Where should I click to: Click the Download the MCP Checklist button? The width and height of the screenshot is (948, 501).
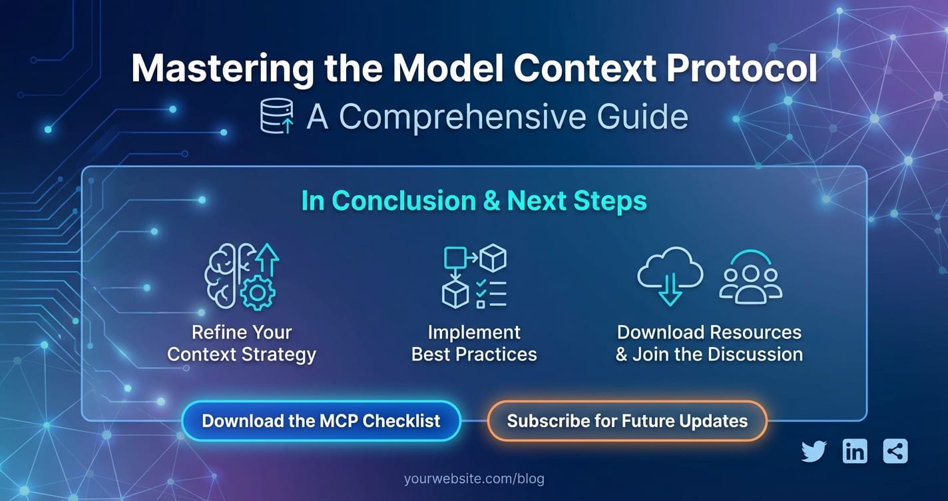click(322, 421)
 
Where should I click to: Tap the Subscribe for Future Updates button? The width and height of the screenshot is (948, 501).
click(627, 421)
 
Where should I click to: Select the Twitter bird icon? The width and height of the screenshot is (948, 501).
click(814, 451)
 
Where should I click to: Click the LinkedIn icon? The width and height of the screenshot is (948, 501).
click(855, 451)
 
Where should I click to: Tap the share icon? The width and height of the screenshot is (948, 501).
click(895, 451)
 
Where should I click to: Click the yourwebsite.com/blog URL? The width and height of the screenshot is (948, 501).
click(474, 478)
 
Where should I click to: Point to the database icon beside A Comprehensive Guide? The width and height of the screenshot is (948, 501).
click(277, 116)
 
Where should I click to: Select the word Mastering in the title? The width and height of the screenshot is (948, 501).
click(223, 70)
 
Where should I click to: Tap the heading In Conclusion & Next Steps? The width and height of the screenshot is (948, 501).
click(474, 201)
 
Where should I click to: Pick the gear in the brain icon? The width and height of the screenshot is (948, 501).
click(258, 292)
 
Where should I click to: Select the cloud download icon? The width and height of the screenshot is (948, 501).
click(670, 276)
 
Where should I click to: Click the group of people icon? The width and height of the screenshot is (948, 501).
click(750, 277)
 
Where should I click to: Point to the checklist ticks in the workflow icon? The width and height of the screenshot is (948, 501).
click(481, 288)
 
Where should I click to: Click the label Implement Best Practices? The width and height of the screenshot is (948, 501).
click(474, 344)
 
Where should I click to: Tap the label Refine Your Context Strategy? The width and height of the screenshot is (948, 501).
click(242, 344)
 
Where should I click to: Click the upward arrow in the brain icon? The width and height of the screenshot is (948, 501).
click(268, 260)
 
